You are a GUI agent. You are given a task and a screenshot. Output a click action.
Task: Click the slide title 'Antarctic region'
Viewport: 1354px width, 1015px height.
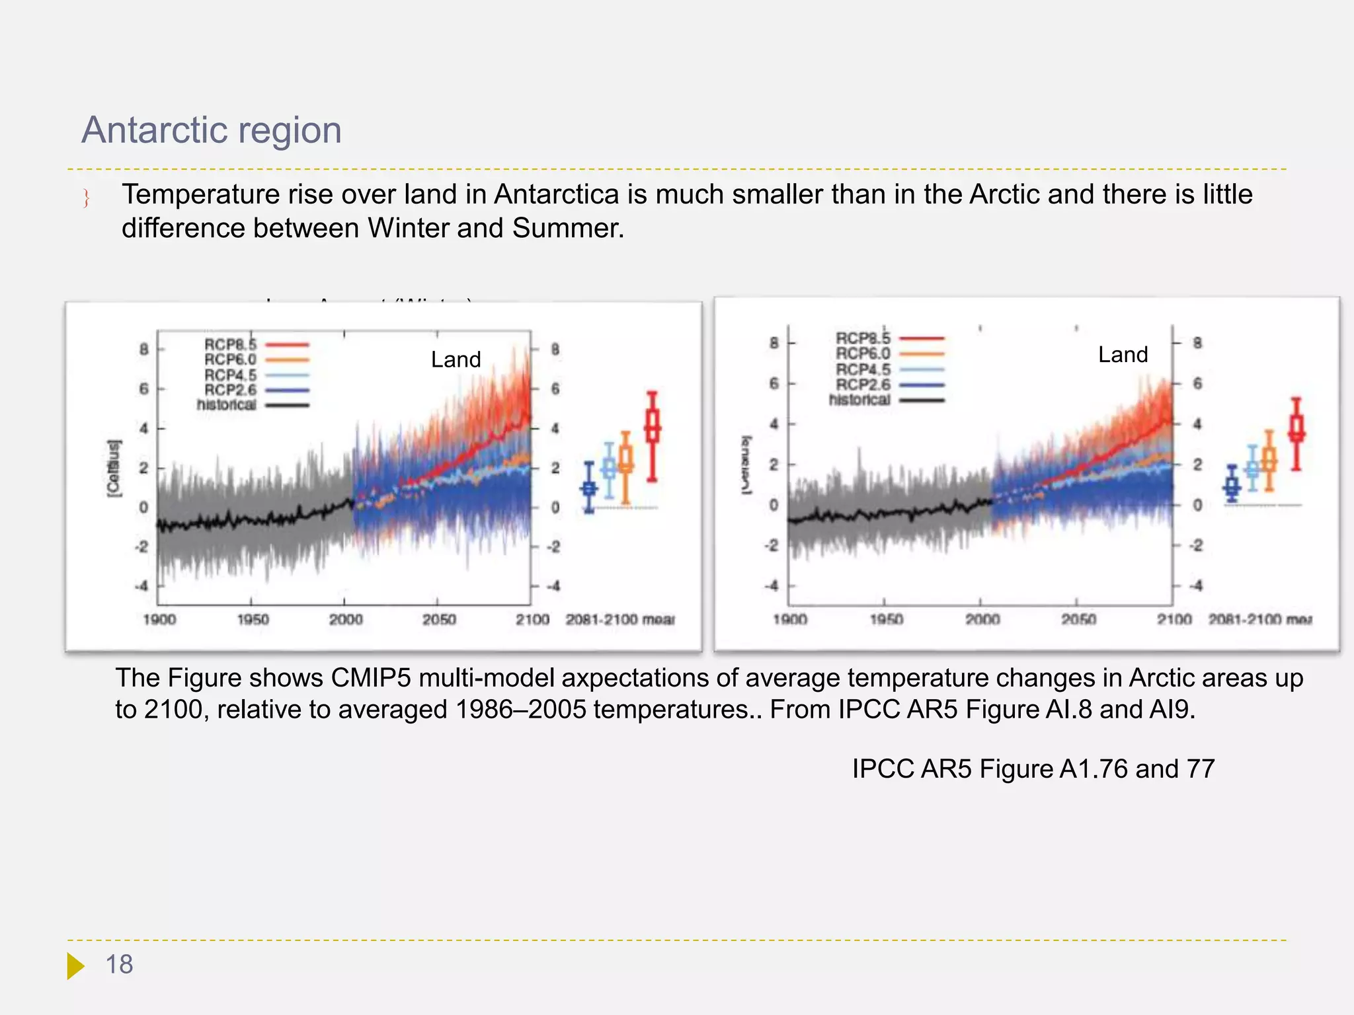(x=212, y=130)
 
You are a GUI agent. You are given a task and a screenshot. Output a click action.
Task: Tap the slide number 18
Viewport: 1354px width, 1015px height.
(x=120, y=965)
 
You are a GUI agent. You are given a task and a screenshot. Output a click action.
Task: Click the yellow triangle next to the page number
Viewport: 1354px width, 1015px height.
(x=75, y=965)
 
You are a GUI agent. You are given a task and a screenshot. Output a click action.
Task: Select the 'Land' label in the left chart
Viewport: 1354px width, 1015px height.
(x=456, y=359)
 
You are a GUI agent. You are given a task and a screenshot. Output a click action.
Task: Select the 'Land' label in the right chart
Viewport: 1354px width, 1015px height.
(x=1123, y=355)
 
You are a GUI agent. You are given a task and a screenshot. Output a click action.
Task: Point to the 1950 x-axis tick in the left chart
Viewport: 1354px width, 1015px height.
(x=253, y=619)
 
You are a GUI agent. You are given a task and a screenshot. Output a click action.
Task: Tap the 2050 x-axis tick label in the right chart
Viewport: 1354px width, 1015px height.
(x=1078, y=619)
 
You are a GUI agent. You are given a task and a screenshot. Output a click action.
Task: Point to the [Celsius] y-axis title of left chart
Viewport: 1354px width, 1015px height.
(x=114, y=467)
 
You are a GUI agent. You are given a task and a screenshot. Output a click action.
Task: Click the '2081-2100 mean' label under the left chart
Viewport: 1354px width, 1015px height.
(x=619, y=619)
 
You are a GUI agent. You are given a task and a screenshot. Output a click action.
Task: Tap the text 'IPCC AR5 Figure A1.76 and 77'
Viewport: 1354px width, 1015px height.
(x=1033, y=769)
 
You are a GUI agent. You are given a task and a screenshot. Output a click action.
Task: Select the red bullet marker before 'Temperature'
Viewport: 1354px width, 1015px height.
(x=86, y=198)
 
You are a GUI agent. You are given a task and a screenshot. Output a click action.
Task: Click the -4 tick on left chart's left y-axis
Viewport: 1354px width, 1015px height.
(x=141, y=586)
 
